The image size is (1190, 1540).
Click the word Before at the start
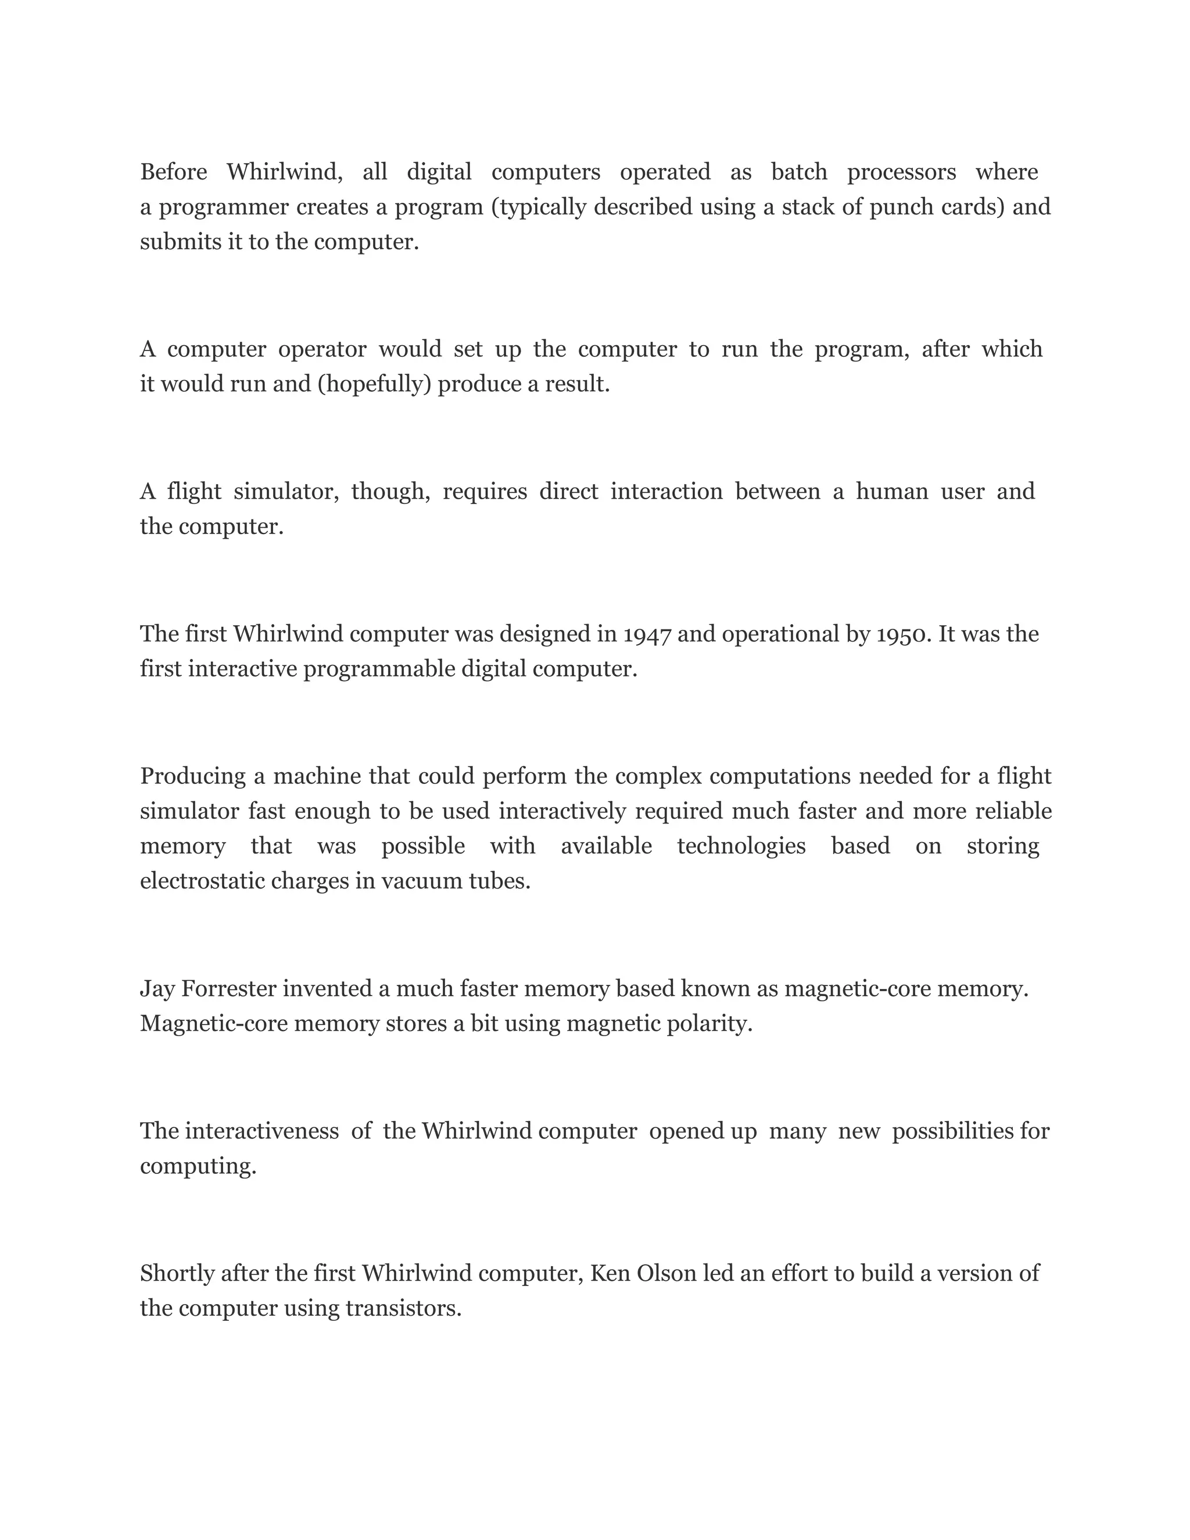pos(173,172)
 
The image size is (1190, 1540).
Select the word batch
pos(799,172)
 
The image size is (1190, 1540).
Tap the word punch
pos(902,207)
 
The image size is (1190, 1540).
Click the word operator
pos(322,350)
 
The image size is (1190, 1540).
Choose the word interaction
pos(666,492)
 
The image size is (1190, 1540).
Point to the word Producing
pos(192,776)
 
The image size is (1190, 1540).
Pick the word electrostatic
pos(202,882)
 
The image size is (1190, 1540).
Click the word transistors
pos(403,1309)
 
